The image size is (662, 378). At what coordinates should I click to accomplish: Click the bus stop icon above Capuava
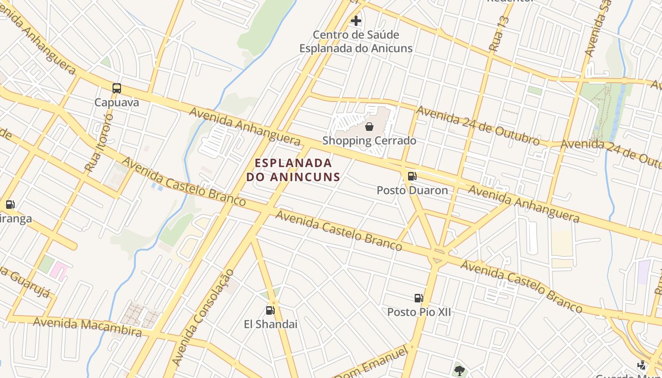[116, 88]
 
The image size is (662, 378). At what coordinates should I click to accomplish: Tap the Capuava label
[117, 103]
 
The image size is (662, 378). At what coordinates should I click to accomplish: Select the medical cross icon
[356, 21]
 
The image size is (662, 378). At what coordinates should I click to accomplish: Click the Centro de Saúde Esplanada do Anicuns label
[356, 42]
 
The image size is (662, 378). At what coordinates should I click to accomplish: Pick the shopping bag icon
[369, 127]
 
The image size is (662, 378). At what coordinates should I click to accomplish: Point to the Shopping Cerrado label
[369, 141]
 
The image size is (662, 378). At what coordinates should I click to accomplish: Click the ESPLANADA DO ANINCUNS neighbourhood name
[293, 170]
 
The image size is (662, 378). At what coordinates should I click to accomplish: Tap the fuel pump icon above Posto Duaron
[412, 176]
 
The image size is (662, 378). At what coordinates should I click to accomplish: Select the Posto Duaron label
[412, 190]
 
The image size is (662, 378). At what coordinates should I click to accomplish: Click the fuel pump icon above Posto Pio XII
[418, 298]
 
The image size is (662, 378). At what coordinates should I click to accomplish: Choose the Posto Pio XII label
[419, 312]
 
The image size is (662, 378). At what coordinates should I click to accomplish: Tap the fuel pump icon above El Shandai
[270, 310]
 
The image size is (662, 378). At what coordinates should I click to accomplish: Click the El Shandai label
[270, 324]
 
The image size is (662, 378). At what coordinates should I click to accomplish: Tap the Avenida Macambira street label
[87, 327]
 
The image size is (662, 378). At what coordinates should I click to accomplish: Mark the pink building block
[59, 271]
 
